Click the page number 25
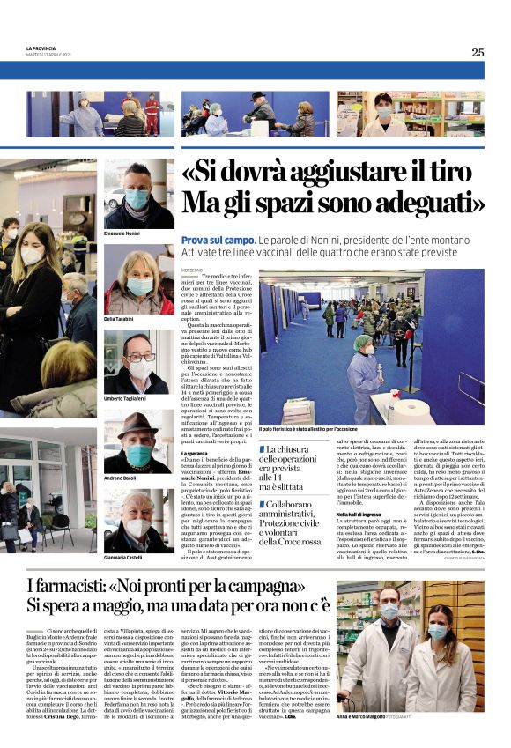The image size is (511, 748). (477, 52)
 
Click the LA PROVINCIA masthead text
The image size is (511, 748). (42, 48)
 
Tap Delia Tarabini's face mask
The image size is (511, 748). (139, 285)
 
